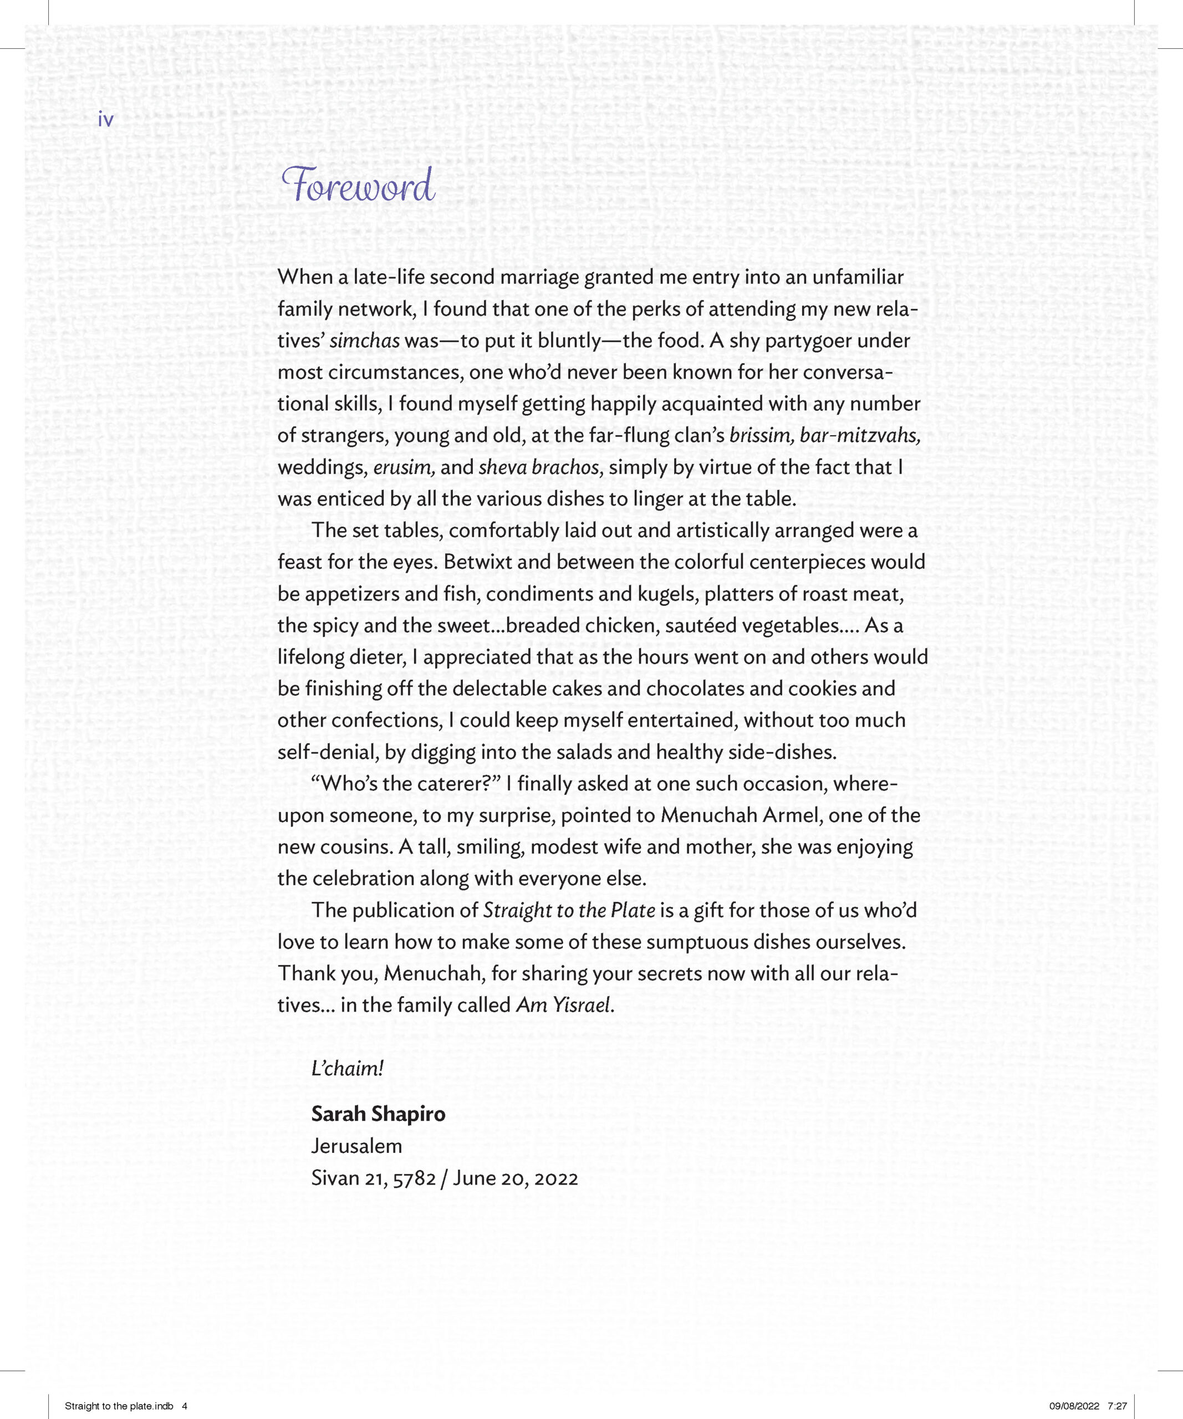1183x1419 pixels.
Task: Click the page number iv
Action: point(106,120)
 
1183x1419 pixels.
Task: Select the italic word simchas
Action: point(364,340)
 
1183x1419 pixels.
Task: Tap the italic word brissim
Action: point(762,436)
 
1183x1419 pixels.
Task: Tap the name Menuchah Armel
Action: point(741,815)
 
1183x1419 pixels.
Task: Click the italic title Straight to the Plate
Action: point(569,911)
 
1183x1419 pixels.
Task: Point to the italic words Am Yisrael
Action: point(564,1005)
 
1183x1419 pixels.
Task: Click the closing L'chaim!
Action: point(347,1068)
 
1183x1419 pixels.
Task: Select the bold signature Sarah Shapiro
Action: point(378,1114)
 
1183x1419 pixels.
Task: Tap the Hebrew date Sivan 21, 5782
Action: point(373,1178)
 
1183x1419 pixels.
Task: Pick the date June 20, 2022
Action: point(516,1178)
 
